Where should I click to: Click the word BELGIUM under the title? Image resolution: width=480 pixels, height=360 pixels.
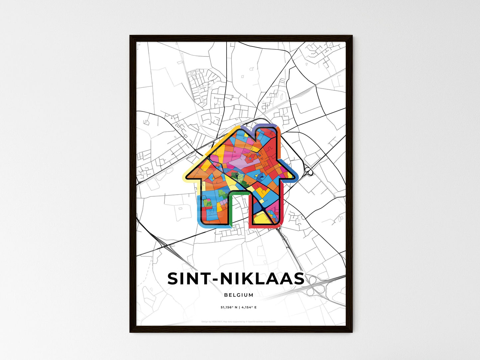(x=239, y=295)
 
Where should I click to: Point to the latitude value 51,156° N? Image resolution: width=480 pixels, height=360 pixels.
(x=229, y=308)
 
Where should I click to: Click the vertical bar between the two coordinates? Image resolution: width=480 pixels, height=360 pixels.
(x=239, y=308)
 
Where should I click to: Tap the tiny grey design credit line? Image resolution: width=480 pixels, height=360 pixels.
(x=239, y=322)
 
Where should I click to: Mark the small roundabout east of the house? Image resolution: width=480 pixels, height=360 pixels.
(x=309, y=172)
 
